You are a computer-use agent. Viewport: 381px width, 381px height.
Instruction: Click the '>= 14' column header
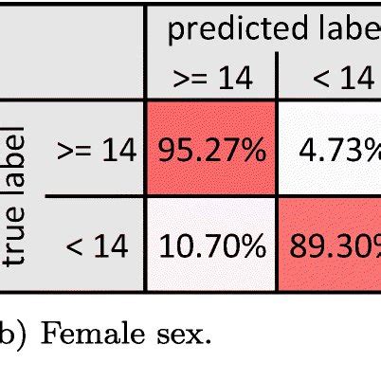[x=209, y=78]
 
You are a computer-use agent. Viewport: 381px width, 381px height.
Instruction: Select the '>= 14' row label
[x=96, y=149]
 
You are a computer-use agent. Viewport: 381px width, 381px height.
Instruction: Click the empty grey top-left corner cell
[x=71, y=47]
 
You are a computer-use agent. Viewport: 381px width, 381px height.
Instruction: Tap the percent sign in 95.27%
[x=247, y=150]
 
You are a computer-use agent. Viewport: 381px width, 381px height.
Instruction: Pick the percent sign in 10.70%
[x=248, y=247]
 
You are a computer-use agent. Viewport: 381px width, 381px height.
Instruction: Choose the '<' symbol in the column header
[x=322, y=79]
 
